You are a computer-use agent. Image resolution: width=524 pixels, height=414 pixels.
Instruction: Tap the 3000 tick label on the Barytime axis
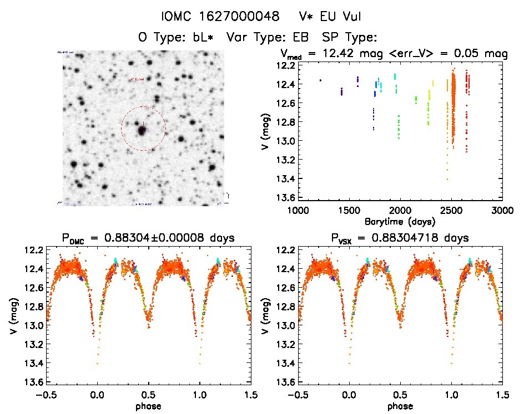(502, 211)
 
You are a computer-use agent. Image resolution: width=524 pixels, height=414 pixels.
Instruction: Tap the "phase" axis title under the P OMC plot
(148, 406)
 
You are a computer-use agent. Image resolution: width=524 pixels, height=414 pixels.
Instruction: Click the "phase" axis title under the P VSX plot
(400, 406)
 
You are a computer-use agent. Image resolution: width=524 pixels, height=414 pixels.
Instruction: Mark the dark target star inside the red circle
(142, 131)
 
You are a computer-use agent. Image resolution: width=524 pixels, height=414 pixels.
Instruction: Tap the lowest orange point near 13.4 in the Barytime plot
(447, 179)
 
